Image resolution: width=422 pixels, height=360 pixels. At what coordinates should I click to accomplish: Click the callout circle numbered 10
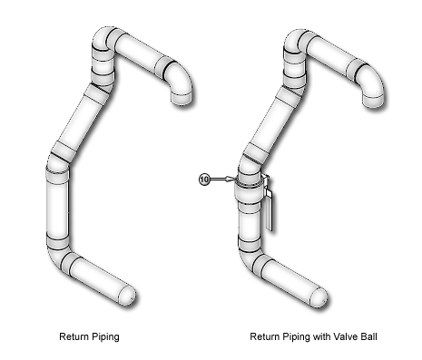click(204, 180)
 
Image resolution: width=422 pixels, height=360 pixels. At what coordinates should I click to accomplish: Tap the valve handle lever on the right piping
click(269, 207)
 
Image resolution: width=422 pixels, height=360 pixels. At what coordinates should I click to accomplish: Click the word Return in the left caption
click(74, 336)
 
